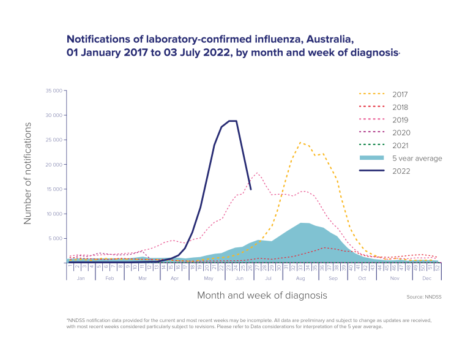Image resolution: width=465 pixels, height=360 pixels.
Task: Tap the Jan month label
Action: [x=80, y=277]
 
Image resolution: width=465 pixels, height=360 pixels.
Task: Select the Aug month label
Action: [x=300, y=277]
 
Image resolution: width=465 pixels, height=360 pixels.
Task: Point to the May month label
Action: [x=209, y=277]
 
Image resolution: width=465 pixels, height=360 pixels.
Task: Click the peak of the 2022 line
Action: [x=232, y=121]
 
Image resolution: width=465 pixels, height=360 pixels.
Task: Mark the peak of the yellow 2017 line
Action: [x=301, y=142]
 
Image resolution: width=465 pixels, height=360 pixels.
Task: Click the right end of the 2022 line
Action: [x=251, y=189]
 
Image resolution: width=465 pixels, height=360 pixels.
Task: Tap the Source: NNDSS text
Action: [x=423, y=296]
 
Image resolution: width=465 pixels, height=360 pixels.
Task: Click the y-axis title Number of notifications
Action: [x=28, y=173]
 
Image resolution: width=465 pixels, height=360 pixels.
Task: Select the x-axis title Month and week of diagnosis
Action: [x=262, y=295]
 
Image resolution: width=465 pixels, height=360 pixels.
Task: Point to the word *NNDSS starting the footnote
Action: [x=76, y=320]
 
